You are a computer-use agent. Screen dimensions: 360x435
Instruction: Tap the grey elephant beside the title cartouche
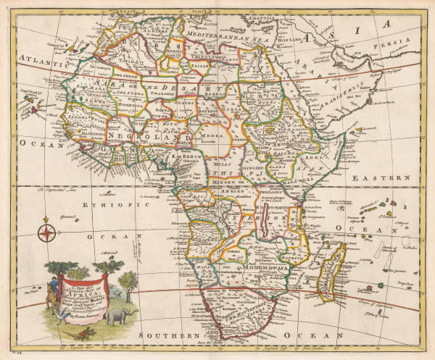coord(117,317)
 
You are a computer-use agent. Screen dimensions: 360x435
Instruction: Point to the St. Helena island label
coord(109,254)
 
